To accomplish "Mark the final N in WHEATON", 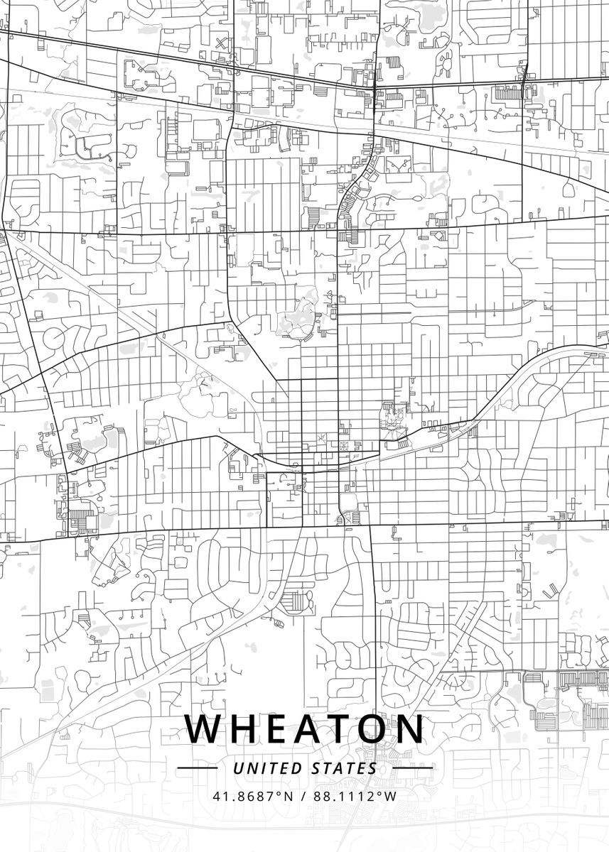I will pos(409,729).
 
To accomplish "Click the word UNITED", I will pos(269,768).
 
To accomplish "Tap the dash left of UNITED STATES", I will pos(197,768).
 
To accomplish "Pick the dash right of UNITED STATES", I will pos(411,768).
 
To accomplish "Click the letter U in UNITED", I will pos(237,768).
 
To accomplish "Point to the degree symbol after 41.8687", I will pos(279,793).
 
